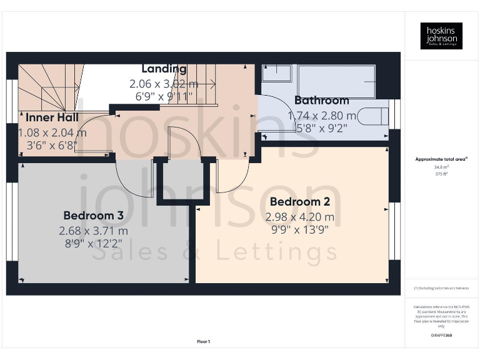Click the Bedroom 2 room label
point(299,202)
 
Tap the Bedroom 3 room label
point(93,216)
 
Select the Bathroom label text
point(321,101)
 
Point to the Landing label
point(164,69)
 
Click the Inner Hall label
point(52,117)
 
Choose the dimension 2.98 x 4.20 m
point(299,217)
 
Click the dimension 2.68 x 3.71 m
point(93,231)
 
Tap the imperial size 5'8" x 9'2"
point(321,129)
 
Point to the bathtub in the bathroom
point(336,81)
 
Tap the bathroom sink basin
point(276,73)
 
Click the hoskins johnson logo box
point(441,36)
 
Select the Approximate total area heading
point(441,159)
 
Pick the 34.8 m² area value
point(441,167)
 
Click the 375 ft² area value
point(441,174)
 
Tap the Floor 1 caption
point(203,341)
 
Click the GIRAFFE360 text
point(441,336)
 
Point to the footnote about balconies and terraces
point(441,288)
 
